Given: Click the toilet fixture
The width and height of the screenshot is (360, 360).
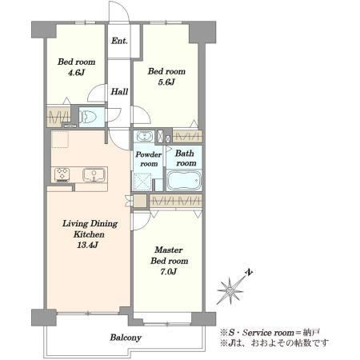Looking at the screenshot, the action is point(88,117).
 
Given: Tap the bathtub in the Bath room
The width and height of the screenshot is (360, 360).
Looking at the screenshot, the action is point(184,181).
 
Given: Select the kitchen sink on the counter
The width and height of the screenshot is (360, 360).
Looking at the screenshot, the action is point(94,175).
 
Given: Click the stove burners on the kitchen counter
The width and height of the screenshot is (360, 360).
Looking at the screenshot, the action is point(62,174).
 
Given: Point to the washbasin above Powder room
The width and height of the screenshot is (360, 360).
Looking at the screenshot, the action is point(145,137).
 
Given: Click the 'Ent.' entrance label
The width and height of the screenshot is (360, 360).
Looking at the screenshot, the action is point(119,41).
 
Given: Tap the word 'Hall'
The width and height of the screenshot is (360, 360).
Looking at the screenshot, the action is point(119,92).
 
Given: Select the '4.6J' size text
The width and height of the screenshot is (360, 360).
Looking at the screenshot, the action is point(76,73).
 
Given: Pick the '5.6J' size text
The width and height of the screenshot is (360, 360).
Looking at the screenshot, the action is point(166,82).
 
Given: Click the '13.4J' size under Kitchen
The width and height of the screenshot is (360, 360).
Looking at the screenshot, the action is point(88,245).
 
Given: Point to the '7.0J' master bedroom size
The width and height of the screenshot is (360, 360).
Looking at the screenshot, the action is point(169,272).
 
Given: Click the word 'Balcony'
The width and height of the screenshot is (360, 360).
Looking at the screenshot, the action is point(126,338).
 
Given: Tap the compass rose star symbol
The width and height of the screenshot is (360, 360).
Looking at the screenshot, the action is point(230,290).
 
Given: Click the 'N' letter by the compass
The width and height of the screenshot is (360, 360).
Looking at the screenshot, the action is point(250,273).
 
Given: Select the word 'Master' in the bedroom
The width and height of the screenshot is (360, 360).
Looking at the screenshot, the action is point(169,250).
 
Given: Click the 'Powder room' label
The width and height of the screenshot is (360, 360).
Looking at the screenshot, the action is point(149,159).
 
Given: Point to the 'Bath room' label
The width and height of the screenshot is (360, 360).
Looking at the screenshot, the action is point(185,158).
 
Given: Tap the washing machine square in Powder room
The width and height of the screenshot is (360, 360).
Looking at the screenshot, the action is point(142,182).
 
